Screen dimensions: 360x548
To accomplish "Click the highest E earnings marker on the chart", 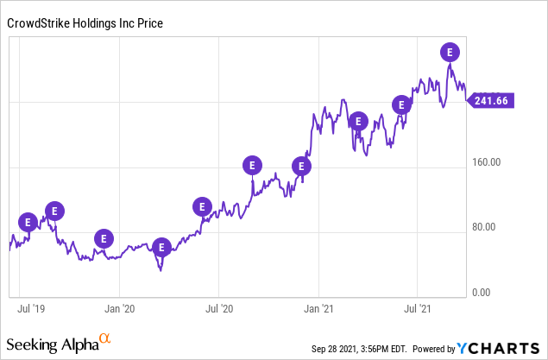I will (x=449, y=52).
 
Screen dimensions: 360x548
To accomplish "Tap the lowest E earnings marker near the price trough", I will (x=161, y=247).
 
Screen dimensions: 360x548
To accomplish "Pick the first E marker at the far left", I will (x=28, y=221).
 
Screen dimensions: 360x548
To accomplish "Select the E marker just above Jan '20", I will (x=104, y=238).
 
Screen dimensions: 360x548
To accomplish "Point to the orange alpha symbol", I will (x=104, y=339).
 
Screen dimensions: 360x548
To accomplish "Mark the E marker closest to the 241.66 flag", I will (x=449, y=52).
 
